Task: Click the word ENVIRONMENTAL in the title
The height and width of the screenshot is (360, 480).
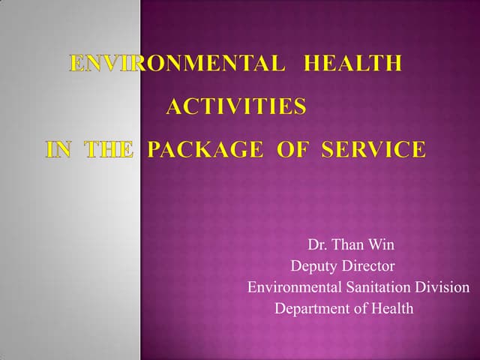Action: point(177,64)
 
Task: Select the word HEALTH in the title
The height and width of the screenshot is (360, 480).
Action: point(352,64)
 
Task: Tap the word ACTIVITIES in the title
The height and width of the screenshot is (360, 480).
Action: point(235,107)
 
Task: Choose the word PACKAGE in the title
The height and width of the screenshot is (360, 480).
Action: point(205,150)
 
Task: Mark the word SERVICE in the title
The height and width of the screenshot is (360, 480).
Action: point(373,150)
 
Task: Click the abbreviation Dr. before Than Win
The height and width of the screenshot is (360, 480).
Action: point(317,245)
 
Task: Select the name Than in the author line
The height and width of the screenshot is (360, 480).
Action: point(348,245)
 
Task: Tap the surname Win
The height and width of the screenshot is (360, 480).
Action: point(382,245)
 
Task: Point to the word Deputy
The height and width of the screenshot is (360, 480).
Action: point(313,266)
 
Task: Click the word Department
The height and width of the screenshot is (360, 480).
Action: point(312,308)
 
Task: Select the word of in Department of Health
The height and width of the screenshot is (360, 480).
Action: point(361,308)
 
